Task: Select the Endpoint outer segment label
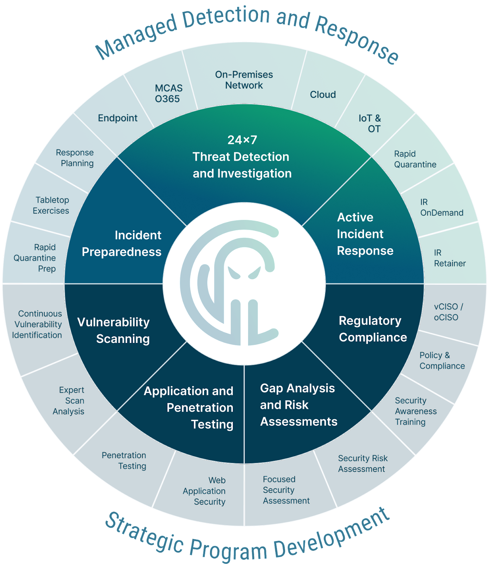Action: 118,118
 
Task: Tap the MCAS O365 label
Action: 168,93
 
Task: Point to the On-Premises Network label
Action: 244,80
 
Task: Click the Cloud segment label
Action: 323,94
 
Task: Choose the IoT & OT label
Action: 370,123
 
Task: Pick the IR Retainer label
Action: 450,258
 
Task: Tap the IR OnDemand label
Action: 441,207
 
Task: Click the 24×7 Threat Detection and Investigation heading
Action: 242,157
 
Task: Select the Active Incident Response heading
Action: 365,234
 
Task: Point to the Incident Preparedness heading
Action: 122,244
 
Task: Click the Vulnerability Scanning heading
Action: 113,330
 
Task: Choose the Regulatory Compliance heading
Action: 372,329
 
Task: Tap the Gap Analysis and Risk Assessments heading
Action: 298,405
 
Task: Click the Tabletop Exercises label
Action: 51,206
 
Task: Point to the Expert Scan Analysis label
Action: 69,400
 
